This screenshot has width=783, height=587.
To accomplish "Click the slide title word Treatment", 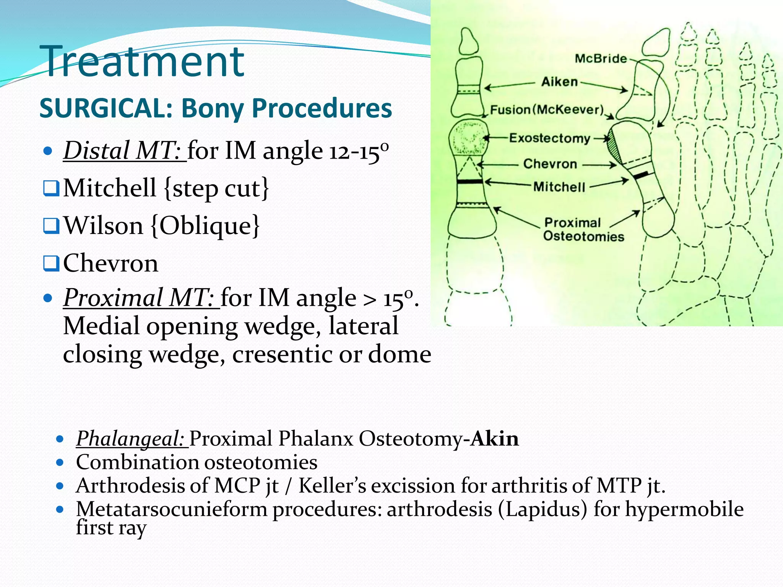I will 143,61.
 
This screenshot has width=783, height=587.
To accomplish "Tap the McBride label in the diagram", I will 601,58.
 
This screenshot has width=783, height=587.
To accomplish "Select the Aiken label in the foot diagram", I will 559,81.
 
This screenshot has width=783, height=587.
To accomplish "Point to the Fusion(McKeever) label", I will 547,110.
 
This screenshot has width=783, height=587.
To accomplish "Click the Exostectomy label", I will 550,138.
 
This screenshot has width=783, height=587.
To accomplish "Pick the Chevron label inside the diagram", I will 550,164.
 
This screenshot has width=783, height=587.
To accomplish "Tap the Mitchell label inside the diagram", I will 559,187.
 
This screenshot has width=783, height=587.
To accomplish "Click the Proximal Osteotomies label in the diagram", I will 583,229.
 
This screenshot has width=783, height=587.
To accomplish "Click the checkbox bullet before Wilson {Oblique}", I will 51,226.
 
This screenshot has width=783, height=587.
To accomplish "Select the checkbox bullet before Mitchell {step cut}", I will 51,188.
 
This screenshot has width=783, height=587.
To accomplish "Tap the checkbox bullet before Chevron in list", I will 51,263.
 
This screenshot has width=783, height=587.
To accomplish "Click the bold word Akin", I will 494,438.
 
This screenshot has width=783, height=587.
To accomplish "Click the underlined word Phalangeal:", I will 131,438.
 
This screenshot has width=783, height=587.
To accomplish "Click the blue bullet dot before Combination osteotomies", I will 60,462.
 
